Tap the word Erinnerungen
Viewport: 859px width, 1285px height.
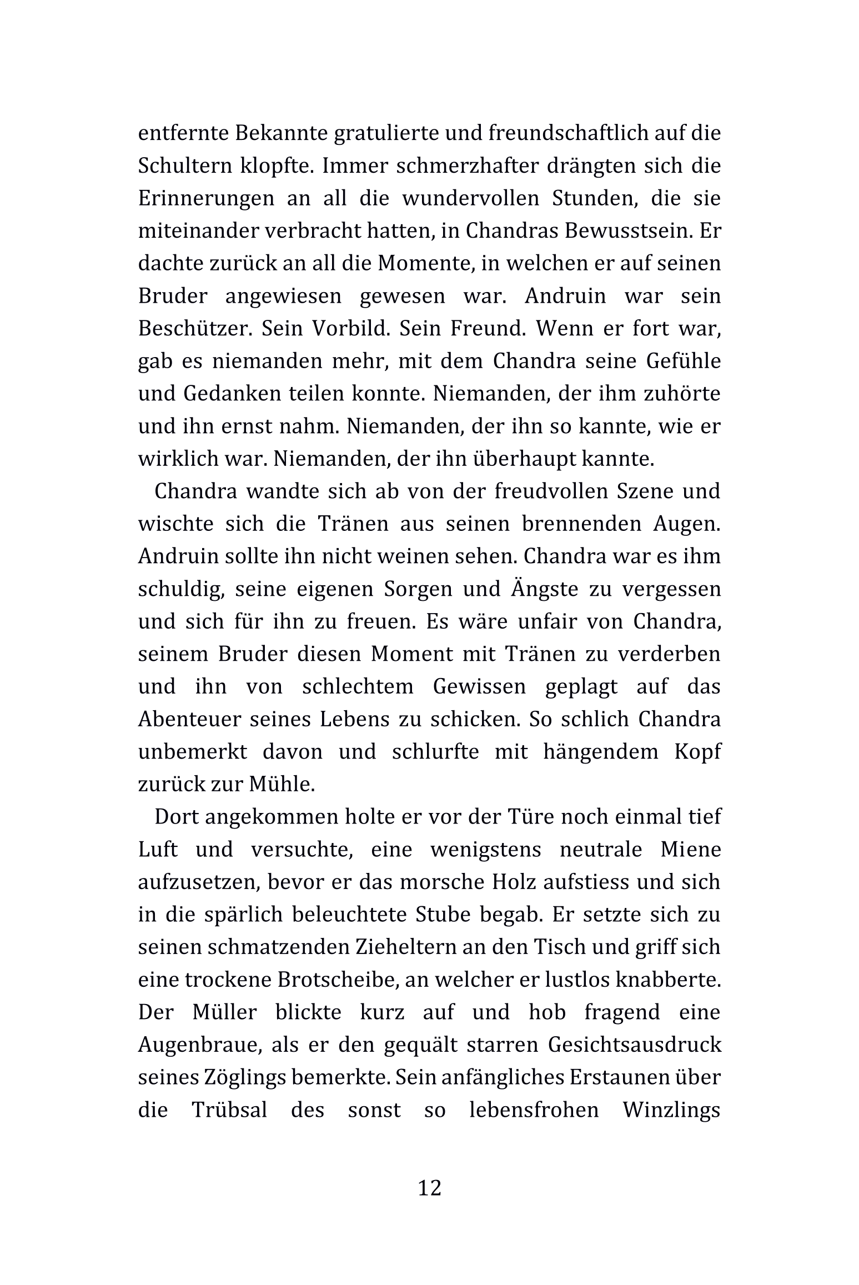pos(206,199)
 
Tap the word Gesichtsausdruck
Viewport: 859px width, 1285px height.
pos(634,1045)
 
